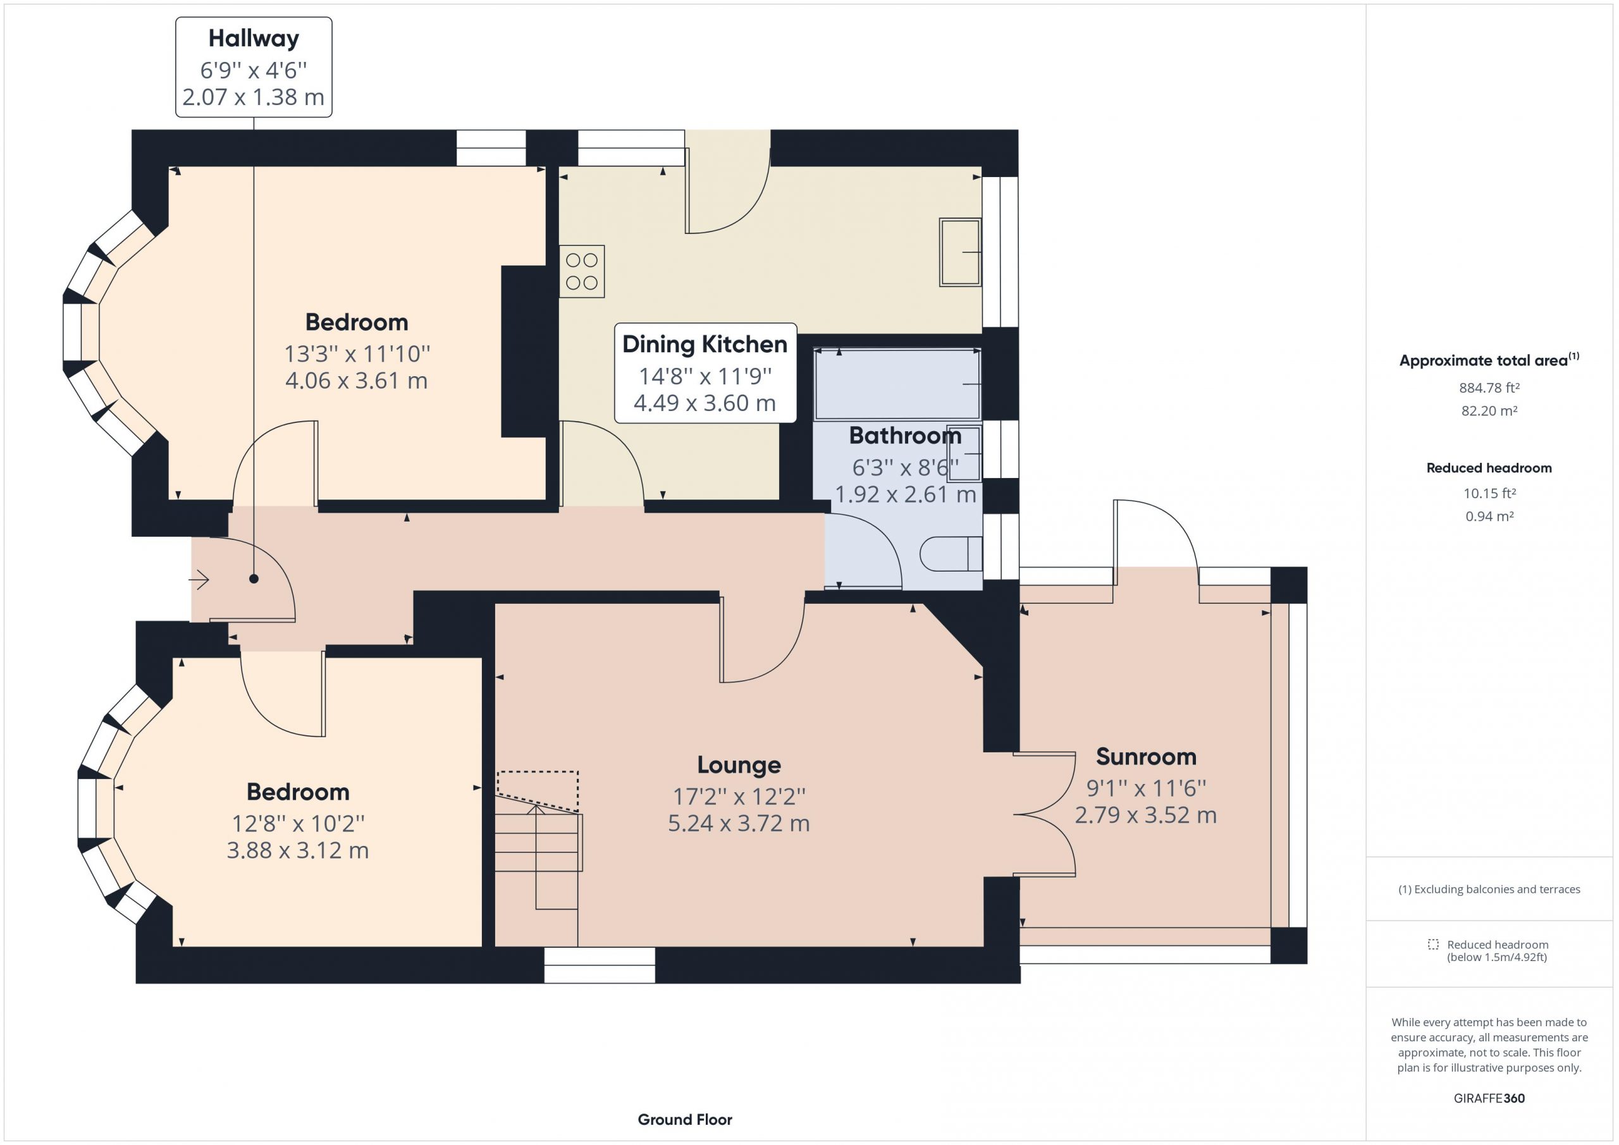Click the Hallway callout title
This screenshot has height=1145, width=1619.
point(254,38)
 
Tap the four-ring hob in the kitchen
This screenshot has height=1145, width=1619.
point(582,271)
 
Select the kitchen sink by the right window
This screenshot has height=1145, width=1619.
point(961,252)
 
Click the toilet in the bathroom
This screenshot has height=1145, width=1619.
point(951,553)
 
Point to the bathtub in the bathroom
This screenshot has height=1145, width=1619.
point(897,384)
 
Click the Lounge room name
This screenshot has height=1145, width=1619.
point(739,765)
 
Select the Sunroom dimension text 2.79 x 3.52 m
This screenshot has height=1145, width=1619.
point(1146,815)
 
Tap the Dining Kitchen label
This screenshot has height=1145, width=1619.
point(705,344)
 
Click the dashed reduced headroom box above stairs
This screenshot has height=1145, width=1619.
point(538,791)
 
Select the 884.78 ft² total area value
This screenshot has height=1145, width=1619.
point(1489,388)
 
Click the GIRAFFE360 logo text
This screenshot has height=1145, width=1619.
point(1489,1098)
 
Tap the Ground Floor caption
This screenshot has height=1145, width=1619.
point(685,1120)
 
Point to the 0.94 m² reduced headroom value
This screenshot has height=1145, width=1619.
point(1489,517)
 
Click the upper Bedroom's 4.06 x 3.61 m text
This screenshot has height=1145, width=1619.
point(357,381)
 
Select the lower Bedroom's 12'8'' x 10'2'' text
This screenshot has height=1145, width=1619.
point(299,823)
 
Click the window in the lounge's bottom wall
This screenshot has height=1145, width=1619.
point(600,965)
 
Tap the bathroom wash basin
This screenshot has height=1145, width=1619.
point(964,453)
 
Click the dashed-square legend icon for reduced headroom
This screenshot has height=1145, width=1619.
point(1434,945)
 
